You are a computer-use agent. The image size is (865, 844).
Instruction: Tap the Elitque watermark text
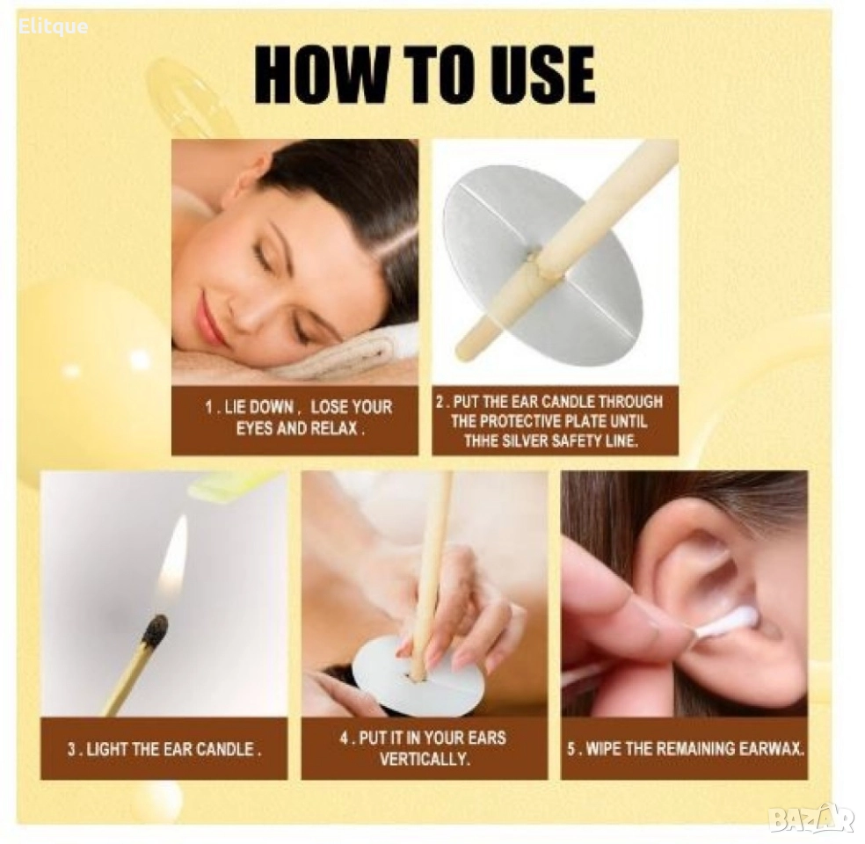53,26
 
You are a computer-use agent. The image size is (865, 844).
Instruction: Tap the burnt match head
155,630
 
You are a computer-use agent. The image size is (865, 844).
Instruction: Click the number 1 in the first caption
209,408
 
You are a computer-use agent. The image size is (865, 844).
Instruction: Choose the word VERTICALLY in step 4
425,760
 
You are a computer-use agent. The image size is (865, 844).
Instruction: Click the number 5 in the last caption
572,749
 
